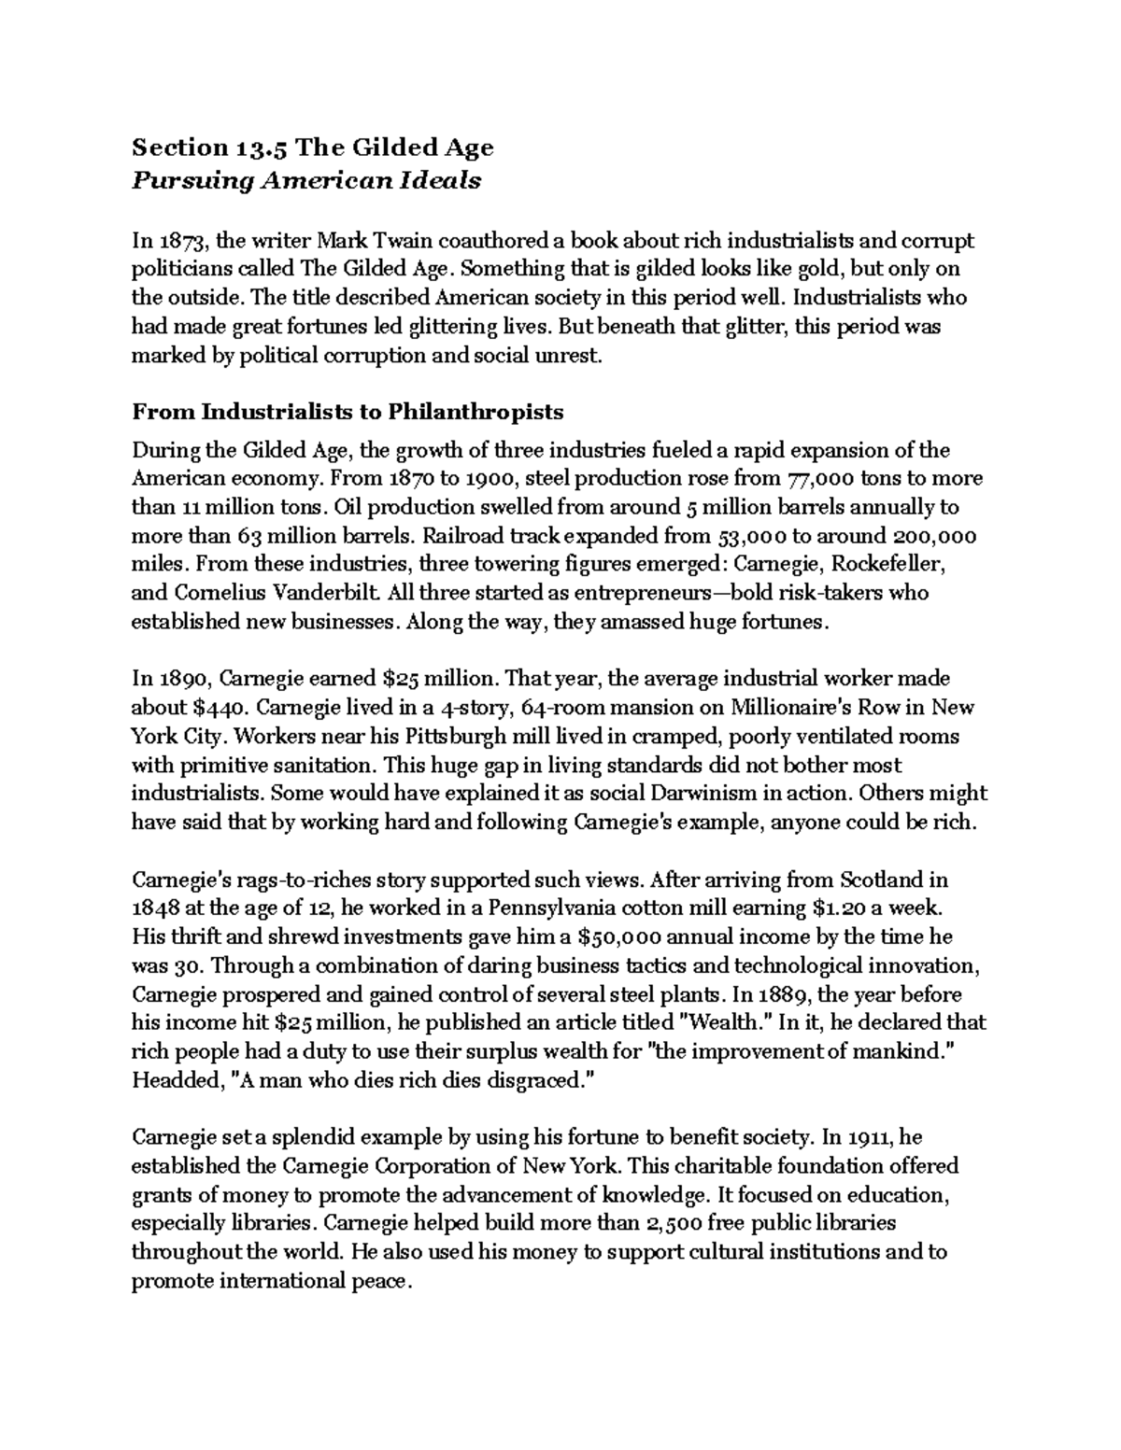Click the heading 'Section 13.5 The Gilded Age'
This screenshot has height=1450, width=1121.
[312, 148]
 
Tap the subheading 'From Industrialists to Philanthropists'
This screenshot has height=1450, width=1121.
[348, 411]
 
